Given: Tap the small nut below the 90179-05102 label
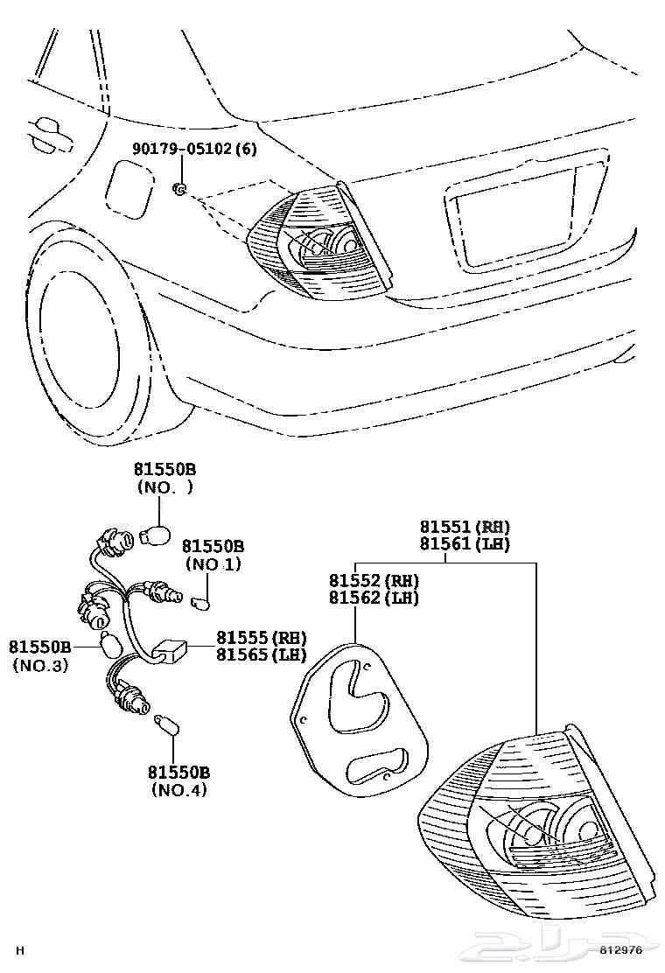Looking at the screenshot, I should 178,188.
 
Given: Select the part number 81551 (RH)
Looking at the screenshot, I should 464,527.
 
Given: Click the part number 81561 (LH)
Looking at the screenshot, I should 464,544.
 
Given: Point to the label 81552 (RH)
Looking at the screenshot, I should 374,581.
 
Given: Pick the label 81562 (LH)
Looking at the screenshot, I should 374,598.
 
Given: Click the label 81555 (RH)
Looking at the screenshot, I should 262,637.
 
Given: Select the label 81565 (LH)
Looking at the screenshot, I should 262,654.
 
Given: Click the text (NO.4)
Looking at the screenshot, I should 178,791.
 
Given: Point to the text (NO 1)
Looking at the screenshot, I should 211,564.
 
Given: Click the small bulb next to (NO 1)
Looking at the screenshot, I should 201,603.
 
